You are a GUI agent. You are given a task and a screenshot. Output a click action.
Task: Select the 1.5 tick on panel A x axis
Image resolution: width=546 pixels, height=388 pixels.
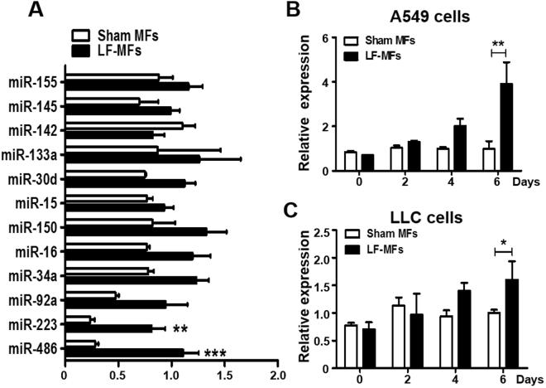(224, 372)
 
